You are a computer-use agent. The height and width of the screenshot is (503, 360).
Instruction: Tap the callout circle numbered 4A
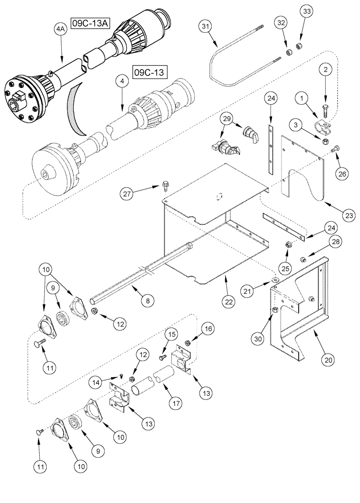(x=60, y=30)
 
